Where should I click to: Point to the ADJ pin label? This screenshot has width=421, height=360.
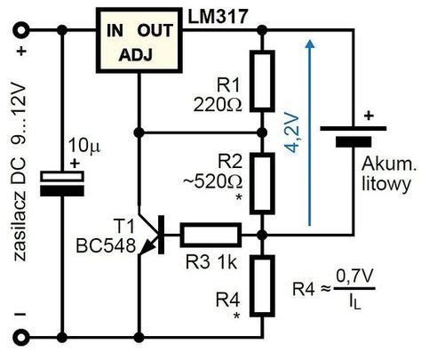[x=137, y=58]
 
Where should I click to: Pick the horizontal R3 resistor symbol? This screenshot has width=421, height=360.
[x=211, y=235]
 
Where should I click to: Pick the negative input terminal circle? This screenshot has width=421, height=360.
[x=18, y=336]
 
